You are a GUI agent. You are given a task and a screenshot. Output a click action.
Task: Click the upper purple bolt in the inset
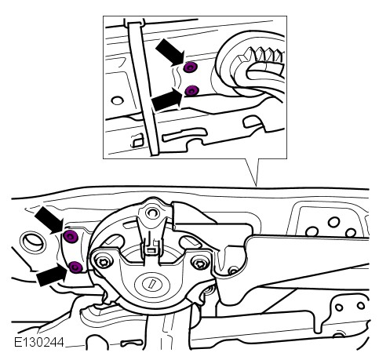coord(190,67)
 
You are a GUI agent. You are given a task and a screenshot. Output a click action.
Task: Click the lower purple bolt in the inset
coord(191,90)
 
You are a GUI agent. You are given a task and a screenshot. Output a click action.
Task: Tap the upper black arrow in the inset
coord(170,52)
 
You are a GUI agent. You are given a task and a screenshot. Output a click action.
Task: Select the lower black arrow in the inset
coord(167,100)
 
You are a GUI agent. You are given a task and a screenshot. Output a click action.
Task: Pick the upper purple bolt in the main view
coord(71,237)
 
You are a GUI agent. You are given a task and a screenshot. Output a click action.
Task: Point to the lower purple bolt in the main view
coord(75,267)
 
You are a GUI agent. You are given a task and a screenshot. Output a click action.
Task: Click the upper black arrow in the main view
coord(49,220)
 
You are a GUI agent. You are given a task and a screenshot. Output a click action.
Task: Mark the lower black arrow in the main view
coord(52,275)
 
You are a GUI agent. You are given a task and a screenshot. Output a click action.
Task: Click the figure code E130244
coord(39,342)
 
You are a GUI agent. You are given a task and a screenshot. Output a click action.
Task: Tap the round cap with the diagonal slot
coord(151,284)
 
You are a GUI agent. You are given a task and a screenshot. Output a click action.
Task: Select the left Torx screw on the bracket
coord(103,262)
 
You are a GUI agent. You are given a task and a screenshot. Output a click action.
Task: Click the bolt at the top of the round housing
coord(151,213)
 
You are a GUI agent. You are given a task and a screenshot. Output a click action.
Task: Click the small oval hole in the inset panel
coord(117,100)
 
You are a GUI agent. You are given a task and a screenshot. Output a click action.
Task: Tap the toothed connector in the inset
coord(261,64)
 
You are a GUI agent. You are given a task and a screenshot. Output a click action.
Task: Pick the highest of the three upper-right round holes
coord(334,222)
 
